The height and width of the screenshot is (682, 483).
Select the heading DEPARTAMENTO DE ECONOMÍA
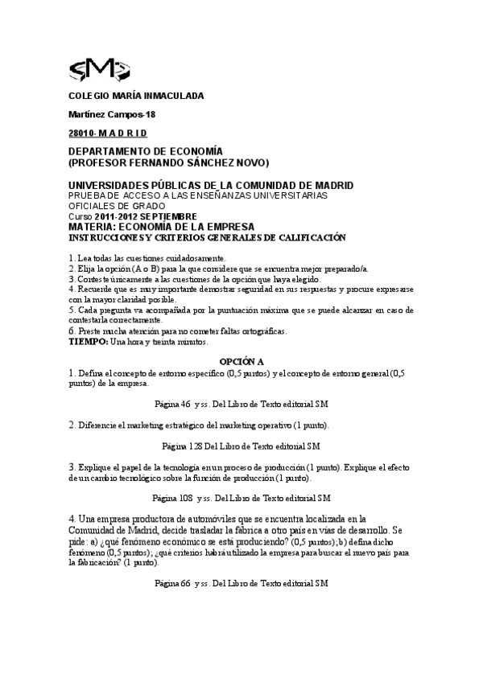pyautogui.click(x=145, y=150)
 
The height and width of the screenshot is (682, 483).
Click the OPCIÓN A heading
pyautogui.click(x=242, y=364)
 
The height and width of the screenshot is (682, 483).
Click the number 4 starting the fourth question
pyautogui.click(x=72, y=519)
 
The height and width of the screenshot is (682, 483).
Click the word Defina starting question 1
pyautogui.click(x=90, y=373)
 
